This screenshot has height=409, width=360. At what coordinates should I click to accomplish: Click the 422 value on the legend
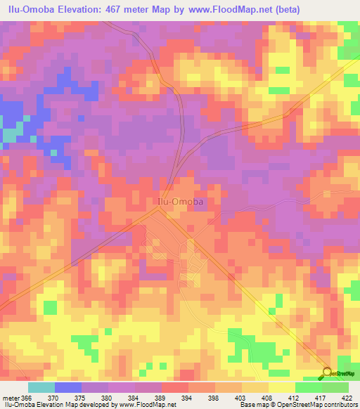(347, 397)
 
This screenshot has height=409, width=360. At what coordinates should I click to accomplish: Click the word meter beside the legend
(11, 397)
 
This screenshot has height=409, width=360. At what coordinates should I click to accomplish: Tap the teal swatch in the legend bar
(41, 387)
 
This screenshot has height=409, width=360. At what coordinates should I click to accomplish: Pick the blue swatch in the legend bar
(68, 387)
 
